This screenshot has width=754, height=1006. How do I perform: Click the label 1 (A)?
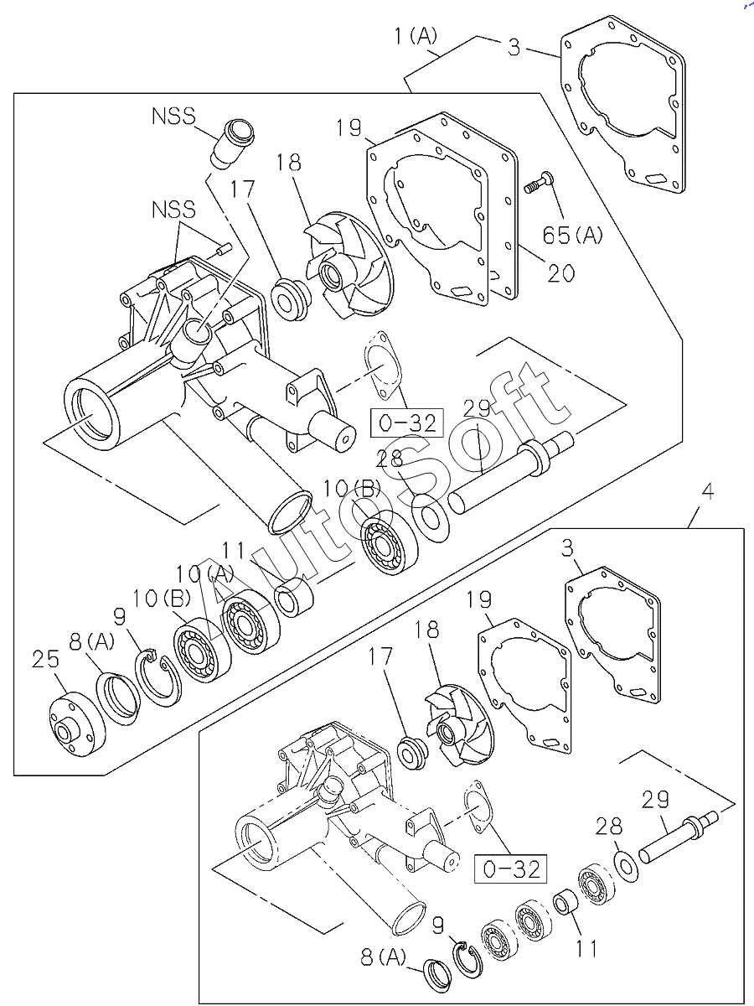click(416, 36)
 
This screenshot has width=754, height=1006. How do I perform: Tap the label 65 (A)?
click(573, 235)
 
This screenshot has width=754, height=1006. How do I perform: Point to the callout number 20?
click(560, 273)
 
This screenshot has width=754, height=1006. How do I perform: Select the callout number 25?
click(46, 659)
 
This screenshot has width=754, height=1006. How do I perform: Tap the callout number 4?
click(708, 492)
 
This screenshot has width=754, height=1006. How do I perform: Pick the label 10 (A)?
click(205, 573)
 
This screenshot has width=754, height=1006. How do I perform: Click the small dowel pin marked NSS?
click(224, 249)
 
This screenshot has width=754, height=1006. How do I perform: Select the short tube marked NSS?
click(232, 143)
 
